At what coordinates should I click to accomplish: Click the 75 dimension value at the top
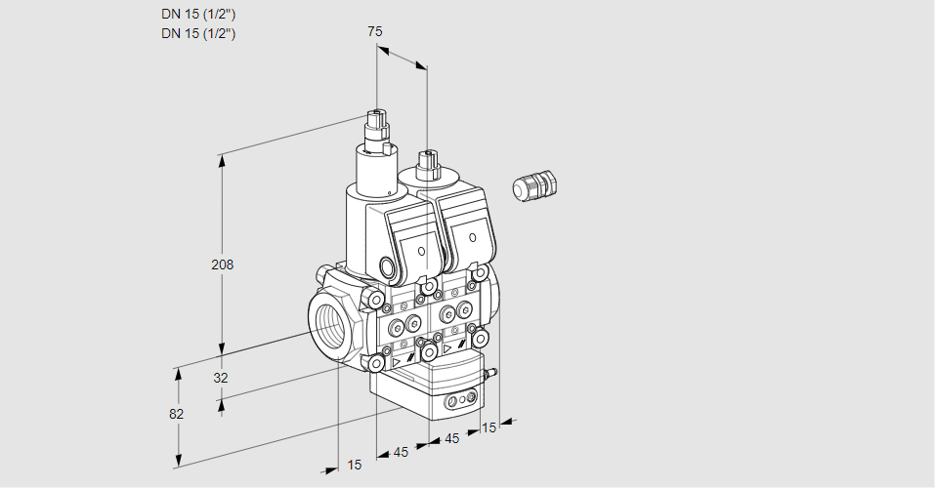[374, 31]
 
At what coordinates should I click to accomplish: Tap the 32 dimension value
[221, 378]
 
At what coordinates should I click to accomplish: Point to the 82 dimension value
[177, 414]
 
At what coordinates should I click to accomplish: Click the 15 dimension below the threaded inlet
[355, 465]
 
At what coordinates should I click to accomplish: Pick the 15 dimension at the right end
[489, 427]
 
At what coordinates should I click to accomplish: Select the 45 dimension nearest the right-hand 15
[451, 439]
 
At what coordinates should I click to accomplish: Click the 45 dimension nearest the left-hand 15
[401, 452]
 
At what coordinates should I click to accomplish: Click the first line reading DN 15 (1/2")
[198, 14]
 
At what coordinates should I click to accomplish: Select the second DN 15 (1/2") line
[198, 33]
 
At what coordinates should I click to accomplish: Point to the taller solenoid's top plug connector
[376, 128]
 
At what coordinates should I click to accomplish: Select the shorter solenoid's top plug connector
[426, 162]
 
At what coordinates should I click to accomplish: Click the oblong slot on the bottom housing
[460, 400]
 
